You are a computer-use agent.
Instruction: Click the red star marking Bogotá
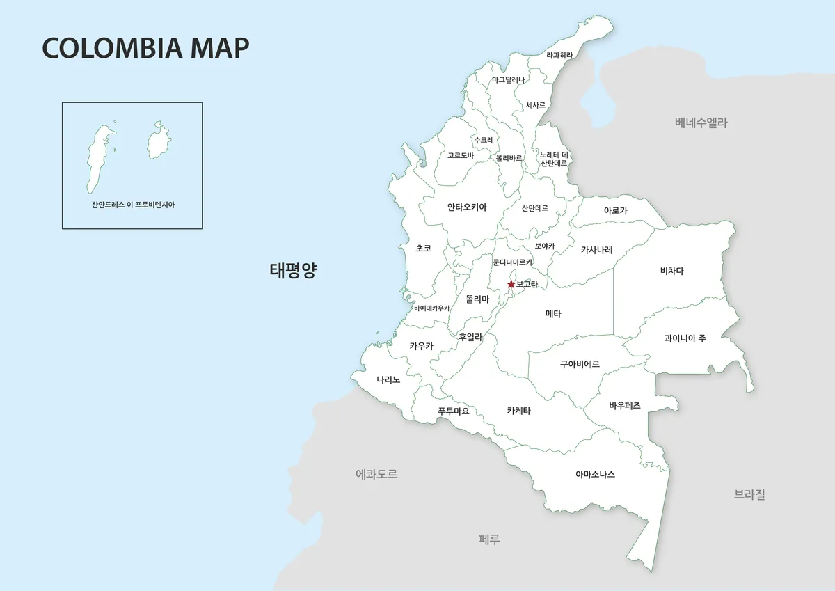point(511,284)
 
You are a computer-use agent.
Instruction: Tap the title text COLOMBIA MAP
point(145,48)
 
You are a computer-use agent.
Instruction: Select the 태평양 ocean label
point(293,270)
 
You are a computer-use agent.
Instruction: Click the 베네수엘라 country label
point(701,123)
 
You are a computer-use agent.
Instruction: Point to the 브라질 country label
point(749,495)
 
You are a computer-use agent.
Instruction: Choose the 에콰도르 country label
point(376,474)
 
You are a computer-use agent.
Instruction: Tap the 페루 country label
point(490,539)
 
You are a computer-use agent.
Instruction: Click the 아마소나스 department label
point(595,474)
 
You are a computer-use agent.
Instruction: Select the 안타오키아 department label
point(467,207)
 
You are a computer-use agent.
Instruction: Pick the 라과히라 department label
point(559,55)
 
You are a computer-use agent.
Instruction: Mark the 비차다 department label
point(671,271)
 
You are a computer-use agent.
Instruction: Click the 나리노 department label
point(388,379)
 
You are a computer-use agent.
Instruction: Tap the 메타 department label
point(553,313)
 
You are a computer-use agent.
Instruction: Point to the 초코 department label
point(423,248)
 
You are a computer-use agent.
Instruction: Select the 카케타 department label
point(519,411)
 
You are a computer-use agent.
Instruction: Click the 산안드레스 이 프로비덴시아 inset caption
point(133,205)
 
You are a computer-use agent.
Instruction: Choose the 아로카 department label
point(616,210)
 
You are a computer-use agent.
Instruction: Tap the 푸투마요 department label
point(454,411)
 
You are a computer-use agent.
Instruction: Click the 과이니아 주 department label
point(685,338)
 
